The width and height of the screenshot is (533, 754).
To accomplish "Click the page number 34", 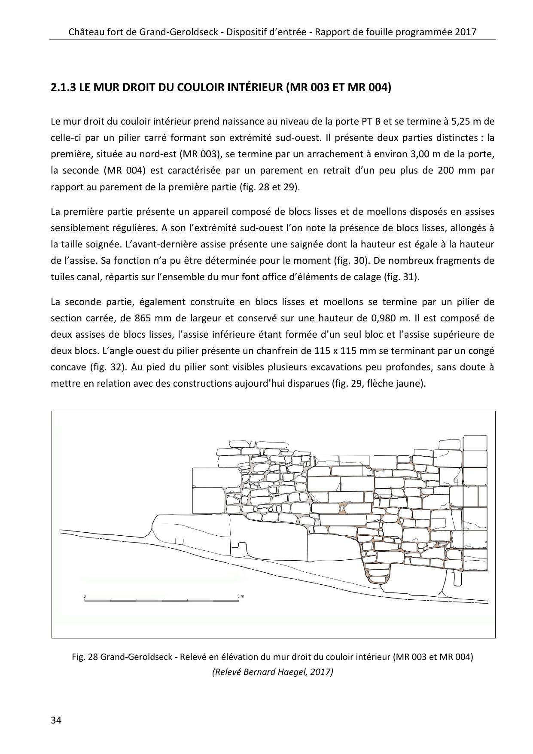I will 56,720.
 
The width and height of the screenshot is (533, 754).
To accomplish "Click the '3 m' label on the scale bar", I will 240,596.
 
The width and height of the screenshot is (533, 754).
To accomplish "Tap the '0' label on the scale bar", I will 85,596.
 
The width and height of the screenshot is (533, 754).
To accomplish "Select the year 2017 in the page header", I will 465,32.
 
